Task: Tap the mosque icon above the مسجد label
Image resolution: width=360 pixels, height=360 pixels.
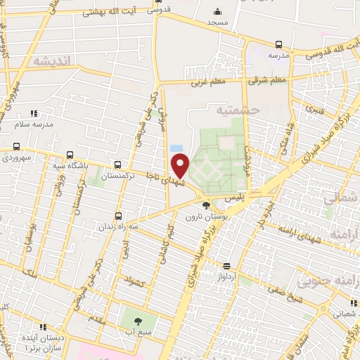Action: pos(217,11)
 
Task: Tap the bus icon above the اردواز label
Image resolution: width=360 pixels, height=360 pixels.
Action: pos(226,266)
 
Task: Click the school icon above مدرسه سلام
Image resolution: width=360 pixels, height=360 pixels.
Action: pos(32,112)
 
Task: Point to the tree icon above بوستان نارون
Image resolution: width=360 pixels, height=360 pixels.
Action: pos(205,205)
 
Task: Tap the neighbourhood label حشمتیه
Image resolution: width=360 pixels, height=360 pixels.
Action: pos(238,110)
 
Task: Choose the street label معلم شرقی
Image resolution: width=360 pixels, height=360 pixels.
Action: pos(267,80)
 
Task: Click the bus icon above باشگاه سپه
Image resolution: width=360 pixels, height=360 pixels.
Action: pos(69,155)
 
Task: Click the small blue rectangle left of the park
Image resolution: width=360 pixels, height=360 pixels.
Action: pos(175,148)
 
